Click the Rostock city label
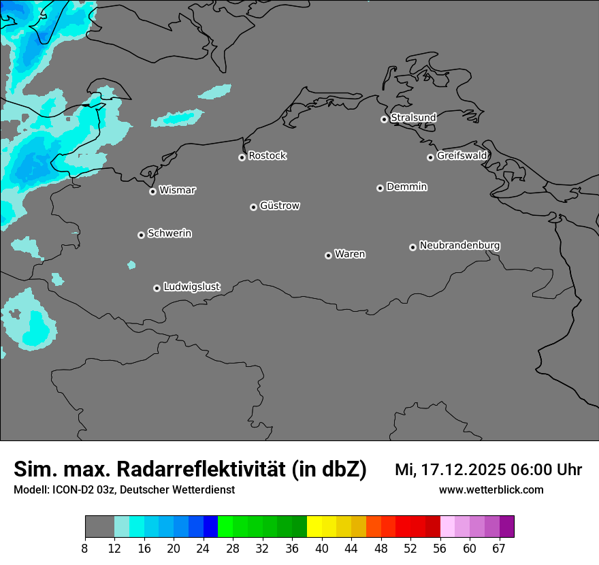[267, 156]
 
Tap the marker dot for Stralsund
[384, 119]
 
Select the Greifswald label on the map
[462, 156]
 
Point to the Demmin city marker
[380, 188]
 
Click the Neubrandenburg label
[459, 246]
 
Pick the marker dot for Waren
[328, 255]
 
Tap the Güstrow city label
[279, 206]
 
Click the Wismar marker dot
[152, 191]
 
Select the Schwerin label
[169, 233]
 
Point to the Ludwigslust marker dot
[157, 288]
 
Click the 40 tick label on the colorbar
[322, 549]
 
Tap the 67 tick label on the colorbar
[499, 549]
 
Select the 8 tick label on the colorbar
[85, 549]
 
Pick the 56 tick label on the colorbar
[440, 549]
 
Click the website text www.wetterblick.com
[491, 490]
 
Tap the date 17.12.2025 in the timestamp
[460, 470]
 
